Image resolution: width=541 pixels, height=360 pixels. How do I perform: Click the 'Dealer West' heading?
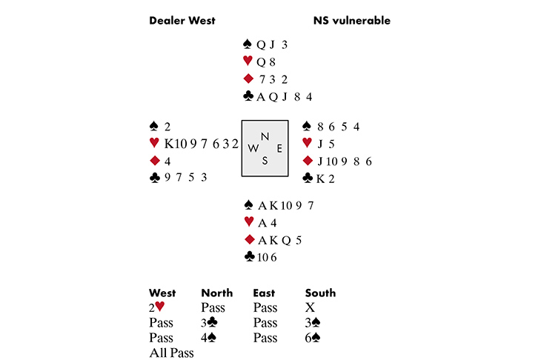(182, 21)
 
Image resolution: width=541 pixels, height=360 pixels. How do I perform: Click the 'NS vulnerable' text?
(351, 21)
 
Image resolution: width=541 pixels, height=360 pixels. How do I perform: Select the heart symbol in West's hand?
(154, 143)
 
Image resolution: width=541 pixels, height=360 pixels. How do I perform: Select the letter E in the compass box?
(279, 148)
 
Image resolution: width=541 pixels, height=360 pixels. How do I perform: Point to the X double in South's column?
(310, 307)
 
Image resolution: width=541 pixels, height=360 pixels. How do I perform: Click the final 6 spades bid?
(313, 339)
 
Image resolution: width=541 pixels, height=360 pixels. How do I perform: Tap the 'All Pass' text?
(171, 353)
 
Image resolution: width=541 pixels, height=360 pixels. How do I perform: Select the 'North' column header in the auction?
(216, 293)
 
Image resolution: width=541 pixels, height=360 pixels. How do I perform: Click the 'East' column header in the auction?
(264, 293)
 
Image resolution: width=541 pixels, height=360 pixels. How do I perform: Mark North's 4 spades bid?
(209, 339)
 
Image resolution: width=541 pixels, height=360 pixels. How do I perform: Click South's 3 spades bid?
(313, 323)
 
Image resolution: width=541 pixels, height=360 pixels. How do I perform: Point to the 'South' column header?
(320, 293)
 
